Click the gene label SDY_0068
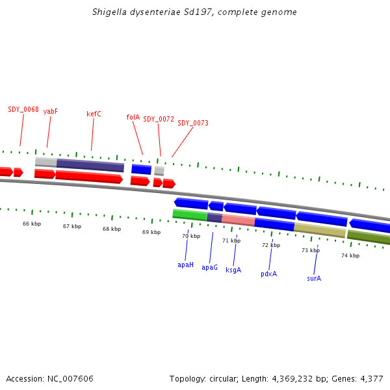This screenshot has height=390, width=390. pos(23,109)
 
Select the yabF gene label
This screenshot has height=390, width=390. pos(51,112)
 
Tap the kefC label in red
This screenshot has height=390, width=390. pos(94,114)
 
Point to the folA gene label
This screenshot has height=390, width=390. pos(133,118)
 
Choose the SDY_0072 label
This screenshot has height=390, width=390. pos(159,120)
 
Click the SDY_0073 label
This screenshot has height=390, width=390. pos(193,123)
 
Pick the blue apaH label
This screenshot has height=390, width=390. pos(185,265)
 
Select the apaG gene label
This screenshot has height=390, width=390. pos(209,268)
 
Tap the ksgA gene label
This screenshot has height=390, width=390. pos(233,270)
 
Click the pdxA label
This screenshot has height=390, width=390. pos(268,274)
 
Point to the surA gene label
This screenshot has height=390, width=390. pos(314,279)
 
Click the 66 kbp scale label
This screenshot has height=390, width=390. pos(32,224)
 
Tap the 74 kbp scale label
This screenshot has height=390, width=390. pos(350,255)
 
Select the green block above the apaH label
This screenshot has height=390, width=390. pos(189,215)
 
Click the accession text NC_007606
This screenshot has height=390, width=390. pos(71,379)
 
